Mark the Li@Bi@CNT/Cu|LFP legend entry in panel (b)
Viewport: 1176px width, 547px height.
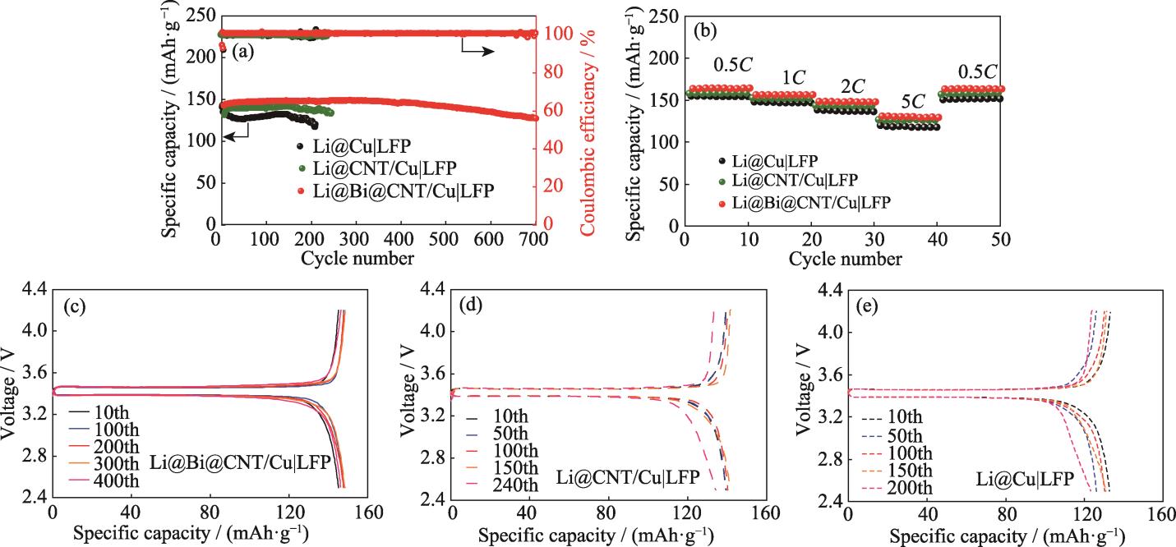point(829,200)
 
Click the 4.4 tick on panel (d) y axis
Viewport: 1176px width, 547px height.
point(433,289)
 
